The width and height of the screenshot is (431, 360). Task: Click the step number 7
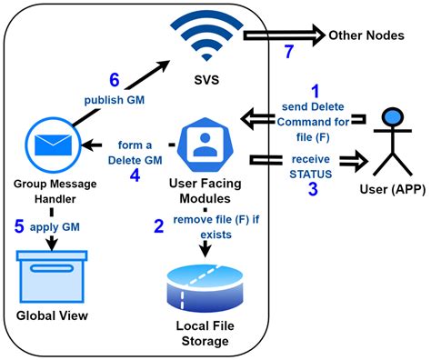[x=289, y=51]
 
